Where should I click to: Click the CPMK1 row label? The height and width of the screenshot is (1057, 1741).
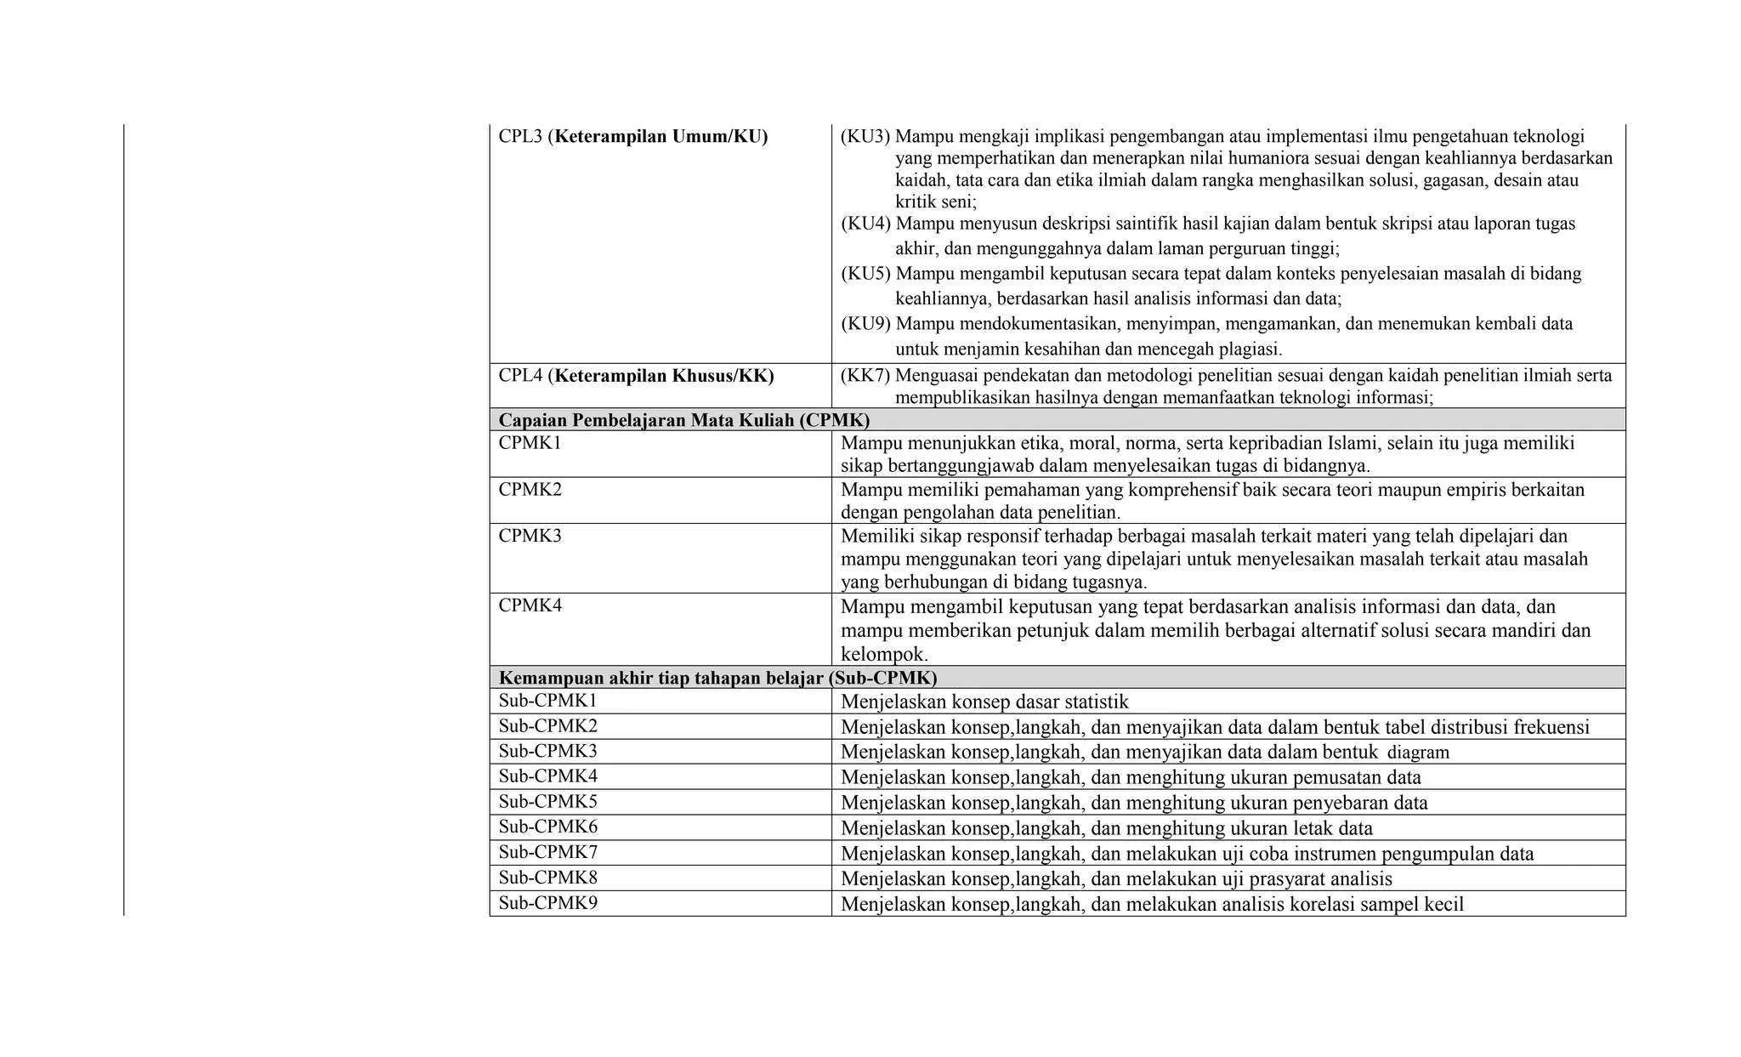click(530, 443)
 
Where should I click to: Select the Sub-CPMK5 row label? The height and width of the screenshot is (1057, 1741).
click(547, 801)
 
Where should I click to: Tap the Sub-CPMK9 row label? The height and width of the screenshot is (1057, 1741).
click(547, 903)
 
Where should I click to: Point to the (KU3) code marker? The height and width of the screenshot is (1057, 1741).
click(865, 136)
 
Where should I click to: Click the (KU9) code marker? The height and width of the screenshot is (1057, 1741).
click(866, 324)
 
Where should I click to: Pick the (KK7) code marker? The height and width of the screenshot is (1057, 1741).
click(865, 376)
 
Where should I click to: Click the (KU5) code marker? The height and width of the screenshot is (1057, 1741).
click(866, 274)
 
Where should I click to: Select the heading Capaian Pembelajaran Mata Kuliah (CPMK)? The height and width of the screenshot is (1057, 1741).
click(683, 420)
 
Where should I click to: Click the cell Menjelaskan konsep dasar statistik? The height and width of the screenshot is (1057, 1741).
click(984, 702)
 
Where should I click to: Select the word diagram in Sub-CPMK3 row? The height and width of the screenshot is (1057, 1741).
click(1418, 753)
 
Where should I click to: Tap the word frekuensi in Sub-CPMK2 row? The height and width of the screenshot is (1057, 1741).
click(1552, 727)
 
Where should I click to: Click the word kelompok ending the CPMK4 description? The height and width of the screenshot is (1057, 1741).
click(882, 655)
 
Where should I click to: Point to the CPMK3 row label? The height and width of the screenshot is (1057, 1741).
click(530, 537)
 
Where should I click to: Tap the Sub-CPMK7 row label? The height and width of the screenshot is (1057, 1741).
click(547, 852)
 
